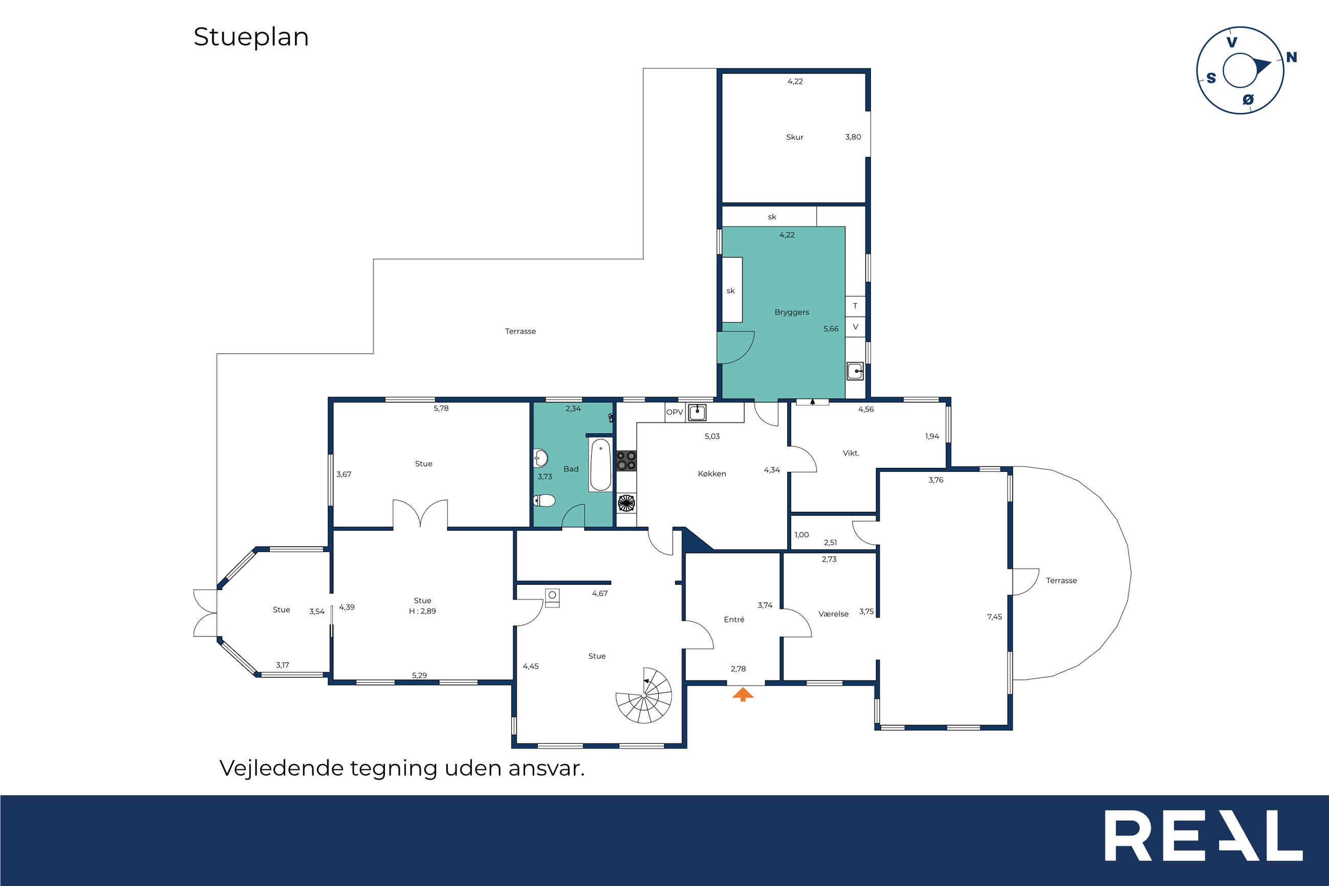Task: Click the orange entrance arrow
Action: (743, 694)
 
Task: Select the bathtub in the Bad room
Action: (601, 464)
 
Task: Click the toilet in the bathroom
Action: (544, 500)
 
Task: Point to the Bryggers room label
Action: (791, 312)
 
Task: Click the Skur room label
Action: (794, 137)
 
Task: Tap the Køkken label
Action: (712, 473)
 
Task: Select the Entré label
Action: (734, 619)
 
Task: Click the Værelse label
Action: (833, 614)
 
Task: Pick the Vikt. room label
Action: (851, 452)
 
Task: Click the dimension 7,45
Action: (994, 617)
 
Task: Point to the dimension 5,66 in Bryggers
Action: (831, 328)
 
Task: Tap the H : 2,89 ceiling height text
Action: (423, 611)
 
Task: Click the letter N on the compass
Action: (1291, 57)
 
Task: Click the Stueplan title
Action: (251, 37)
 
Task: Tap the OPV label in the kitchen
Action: (674, 412)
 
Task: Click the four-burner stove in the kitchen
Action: (626, 461)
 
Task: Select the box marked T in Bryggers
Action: (855, 306)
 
